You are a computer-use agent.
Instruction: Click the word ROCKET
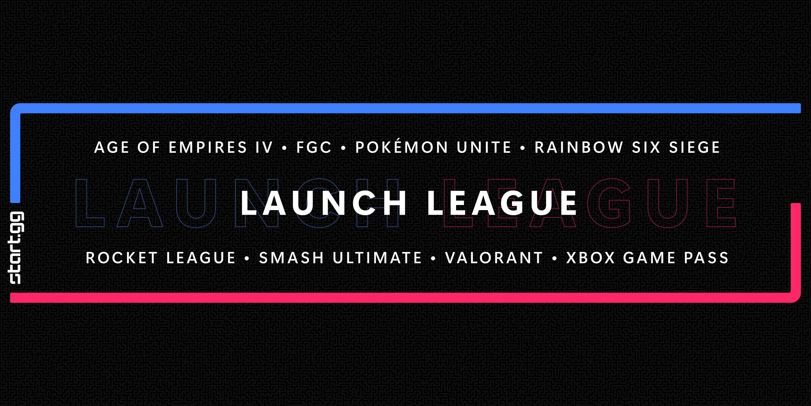[121, 258]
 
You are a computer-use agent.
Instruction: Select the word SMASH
[291, 258]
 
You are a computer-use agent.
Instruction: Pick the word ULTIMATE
[377, 258]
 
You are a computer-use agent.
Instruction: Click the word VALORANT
[494, 258]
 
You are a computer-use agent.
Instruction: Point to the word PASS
[706, 258]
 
